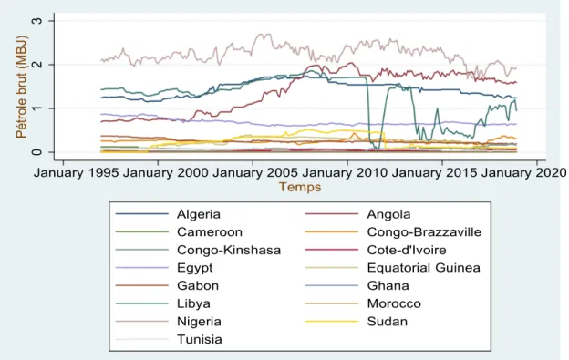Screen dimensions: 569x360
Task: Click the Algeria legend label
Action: pos(199,214)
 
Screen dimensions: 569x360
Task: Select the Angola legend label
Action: pos(388,214)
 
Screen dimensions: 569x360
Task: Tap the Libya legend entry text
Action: pos(193,303)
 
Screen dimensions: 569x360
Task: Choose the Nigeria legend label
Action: pos(199,321)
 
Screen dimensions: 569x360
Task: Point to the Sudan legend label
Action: pos(388,321)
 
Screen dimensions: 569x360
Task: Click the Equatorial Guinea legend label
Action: pos(423,268)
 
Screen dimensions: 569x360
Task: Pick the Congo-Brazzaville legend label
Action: pos(424,232)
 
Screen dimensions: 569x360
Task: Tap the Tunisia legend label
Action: pos(199,339)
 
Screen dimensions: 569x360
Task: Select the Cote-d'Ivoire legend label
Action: pos(407,250)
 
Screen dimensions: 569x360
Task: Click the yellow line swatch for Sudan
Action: pos(332,322)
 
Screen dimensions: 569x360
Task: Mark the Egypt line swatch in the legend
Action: pos(142,268)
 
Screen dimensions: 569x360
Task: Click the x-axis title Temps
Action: pos(300,187)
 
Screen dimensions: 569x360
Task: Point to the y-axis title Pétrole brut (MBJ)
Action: pos(21,87)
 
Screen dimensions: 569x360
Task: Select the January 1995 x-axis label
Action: pos(76,172)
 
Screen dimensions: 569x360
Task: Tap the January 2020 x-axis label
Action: pos(523,172)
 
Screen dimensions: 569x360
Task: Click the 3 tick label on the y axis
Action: pos(37,21)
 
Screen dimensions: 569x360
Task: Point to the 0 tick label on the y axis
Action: pos(37,152)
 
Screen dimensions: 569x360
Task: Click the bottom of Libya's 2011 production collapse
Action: pos(378,149)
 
